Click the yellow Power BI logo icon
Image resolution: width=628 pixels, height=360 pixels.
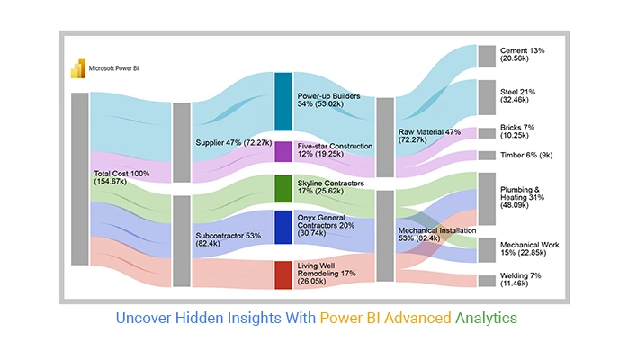(x=78, y=68)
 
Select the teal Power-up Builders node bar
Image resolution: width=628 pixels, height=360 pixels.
(x=283, y=102)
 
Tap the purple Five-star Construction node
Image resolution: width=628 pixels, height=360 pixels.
(x=283, y=152)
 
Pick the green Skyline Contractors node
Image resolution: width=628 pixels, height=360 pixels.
(x=283, y=189)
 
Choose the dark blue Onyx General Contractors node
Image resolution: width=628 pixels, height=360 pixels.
(x=283, y=228)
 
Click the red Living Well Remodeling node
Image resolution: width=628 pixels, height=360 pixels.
(x=283, y=275)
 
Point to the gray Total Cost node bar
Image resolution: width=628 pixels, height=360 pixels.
(x=80, y=179)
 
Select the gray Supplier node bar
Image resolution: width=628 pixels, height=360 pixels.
(x=182, y=142)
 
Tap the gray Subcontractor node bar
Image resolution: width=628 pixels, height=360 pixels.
(x=182, y=241)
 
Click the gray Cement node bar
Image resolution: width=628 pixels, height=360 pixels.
(x=487, y=57)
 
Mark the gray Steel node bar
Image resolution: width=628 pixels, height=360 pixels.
(x=487, y=98)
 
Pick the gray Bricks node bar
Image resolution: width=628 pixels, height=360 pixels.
(x=487, y=133)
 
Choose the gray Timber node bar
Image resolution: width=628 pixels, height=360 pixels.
(x=487, y=156)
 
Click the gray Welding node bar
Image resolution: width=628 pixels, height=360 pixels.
(x=487, y=281)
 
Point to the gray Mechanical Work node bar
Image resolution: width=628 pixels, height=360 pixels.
(x=487, y=251)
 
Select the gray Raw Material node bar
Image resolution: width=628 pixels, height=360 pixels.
(x=385, y=138)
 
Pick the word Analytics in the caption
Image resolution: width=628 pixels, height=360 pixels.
(x=486, y=318)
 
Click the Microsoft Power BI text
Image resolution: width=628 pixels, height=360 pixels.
(x=113, y=68)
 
